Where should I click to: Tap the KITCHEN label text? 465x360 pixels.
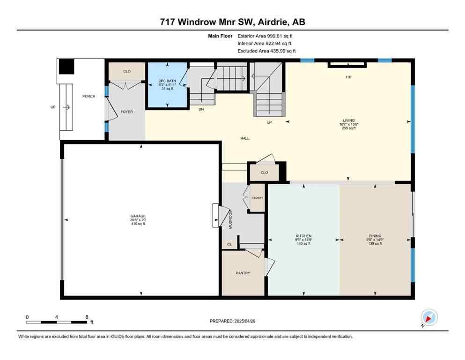(x=303, y=236)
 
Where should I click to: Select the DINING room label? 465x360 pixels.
(x=375, y=236)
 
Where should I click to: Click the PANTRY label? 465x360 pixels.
(x=243, y=273)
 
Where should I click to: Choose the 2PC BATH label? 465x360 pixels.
(x=168, y=81)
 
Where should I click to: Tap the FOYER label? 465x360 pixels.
(x=127, y=112)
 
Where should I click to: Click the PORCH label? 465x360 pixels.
(x=89, y=96)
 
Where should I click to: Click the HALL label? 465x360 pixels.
(x=244, y=138)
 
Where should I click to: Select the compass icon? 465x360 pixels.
(x=428, y=317)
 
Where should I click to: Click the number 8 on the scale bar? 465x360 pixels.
(x=87, y=317)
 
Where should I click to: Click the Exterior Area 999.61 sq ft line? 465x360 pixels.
(x=266, y=36)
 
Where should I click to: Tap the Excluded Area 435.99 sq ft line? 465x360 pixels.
(x=266, y=51)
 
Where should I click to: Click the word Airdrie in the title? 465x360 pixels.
(x=271, y=22)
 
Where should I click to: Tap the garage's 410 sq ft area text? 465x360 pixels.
(x=138, y=224)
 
